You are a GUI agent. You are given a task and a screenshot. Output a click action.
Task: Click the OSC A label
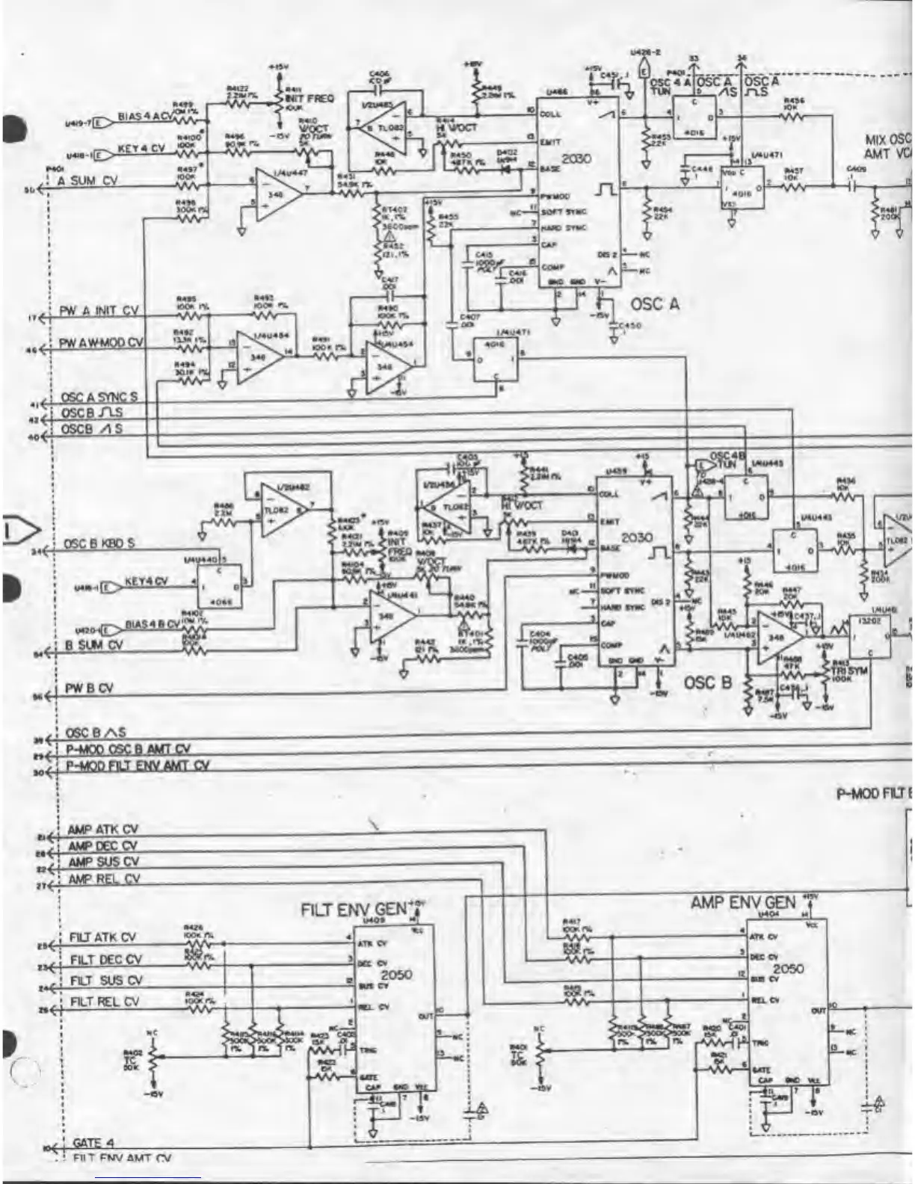coord(655,304)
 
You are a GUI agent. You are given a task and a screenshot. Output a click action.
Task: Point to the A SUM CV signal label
coord(88,181)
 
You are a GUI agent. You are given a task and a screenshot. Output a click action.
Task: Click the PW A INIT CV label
coord(99,311)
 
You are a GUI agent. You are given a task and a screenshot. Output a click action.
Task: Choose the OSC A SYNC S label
coord(99,397)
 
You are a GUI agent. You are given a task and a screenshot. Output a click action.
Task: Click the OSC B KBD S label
coord(99,543)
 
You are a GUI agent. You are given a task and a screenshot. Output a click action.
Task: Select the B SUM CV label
coord(94,645)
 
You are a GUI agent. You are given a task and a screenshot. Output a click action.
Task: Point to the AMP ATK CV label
coord(102,830)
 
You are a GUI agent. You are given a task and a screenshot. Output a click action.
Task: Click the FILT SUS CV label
coord(105,981)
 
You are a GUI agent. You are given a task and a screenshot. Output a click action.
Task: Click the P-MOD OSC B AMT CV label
coord(128,749)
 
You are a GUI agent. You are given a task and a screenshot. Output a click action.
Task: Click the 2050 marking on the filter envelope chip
coord(396,975)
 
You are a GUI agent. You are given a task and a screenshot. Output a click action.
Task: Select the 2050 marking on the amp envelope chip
coord(788,969)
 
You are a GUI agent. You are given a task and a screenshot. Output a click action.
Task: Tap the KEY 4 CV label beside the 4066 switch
coord(147,581)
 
